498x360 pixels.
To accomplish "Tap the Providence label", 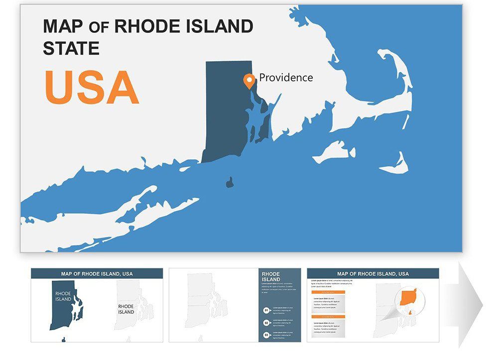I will (x=286, y=77).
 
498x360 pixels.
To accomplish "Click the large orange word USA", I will (x=92, y=87).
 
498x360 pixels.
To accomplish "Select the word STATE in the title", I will (x=71, y=48).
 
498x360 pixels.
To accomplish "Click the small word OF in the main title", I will (x=99, y=27).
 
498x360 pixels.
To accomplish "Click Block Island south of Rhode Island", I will (x=230, y=183).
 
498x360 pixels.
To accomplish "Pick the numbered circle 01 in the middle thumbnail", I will (x=266, y=310).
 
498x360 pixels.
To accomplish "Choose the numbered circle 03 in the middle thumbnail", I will (x=266, y=335).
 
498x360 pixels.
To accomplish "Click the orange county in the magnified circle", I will (x=408, y=298).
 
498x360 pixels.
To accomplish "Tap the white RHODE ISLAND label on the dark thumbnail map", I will (x=63, y=297).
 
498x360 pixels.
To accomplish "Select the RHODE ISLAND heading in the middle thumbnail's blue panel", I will (x=271, y=277).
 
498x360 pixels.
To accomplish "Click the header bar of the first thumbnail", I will (x=97, y=273).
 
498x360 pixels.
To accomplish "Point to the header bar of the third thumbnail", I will (x=373, y=273).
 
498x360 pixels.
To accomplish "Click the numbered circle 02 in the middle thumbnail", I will (x=266, y=323).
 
